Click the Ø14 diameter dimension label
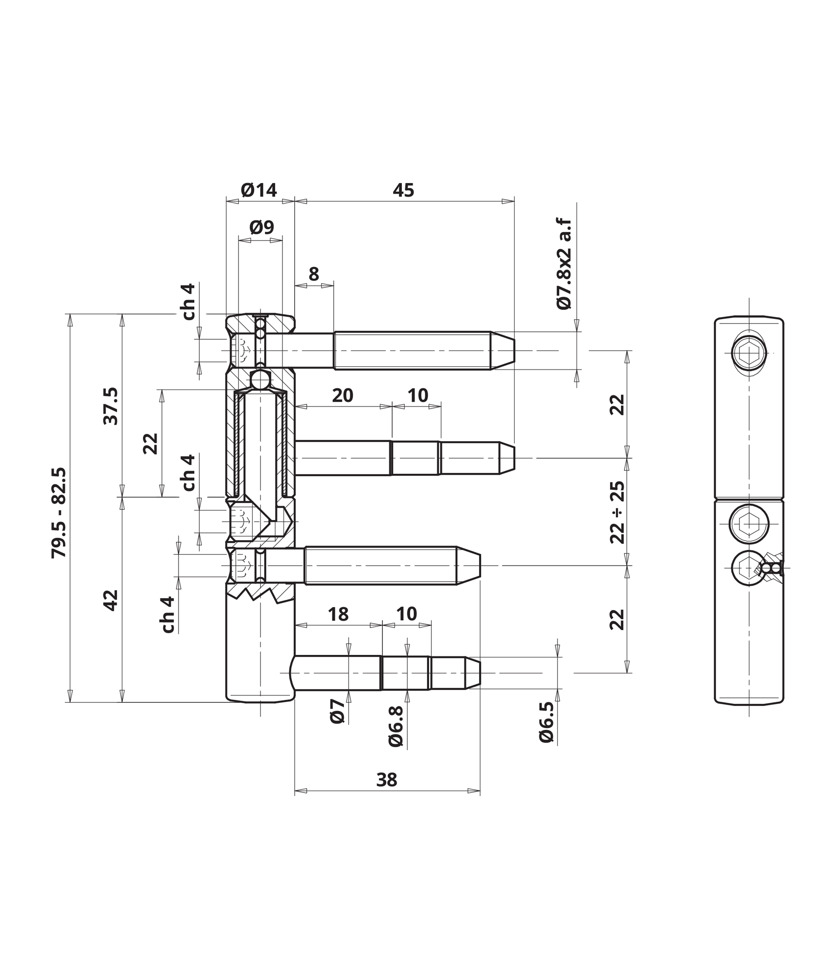tap(259, 190)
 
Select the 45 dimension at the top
tap(403, 190)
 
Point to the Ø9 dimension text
tap(262, 227)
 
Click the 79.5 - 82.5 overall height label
tap(59, 513)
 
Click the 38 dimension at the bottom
tap(387, 780)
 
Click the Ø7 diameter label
tap(338, 711)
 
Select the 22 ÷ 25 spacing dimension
tap(617, 512)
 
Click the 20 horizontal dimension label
tap(342, 395)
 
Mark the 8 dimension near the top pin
tap(314, 274)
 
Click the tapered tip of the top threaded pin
tap(503, 351)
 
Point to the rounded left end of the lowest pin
tap(294, 673)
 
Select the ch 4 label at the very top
tap(188, 302)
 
